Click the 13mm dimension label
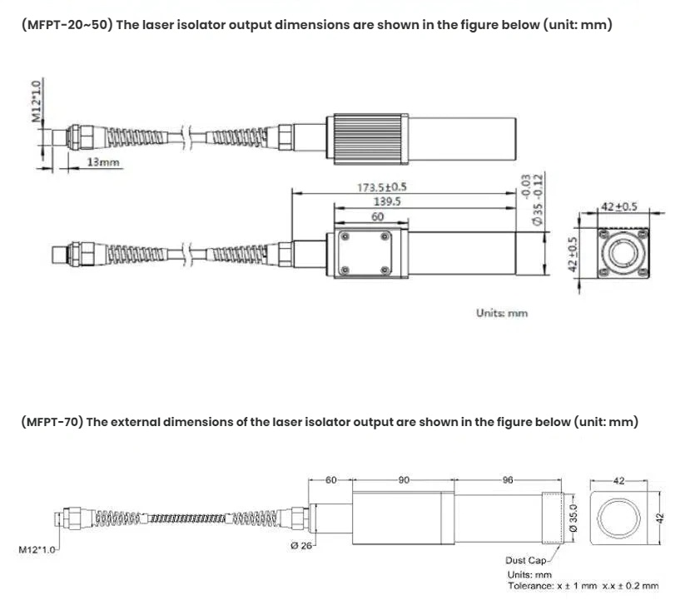pyautogui.click(x=103, y=162)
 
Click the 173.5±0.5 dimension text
pyautogui.click(x=382, y=187)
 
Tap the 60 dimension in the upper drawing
pyautogui.click(x=378, y=216)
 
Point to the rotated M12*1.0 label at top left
pyautogui.click(x=36, y=102)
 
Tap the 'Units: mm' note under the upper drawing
pyautogui.click(x=502, y=313)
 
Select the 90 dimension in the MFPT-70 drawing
pyautogui.click(x=404, y=480)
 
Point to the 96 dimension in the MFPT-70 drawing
pyautogui.click(x=509, y=480)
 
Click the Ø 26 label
pyautogui.click(x=300, y=546)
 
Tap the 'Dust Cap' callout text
pyautogui.click(x=525, y=560)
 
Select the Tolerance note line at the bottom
pyautogui.click(x=583, y=586)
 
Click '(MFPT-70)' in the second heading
pyautogui.click(x=52, y=422)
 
